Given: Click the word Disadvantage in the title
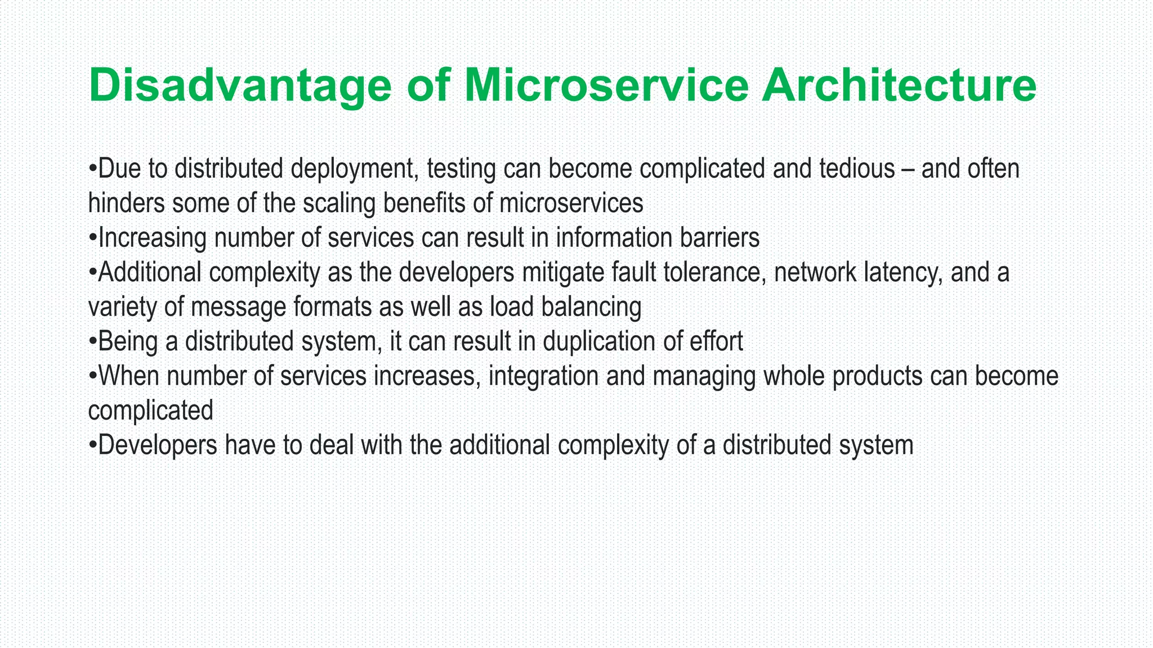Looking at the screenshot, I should [240, 86].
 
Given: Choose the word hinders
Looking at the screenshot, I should [127, 203].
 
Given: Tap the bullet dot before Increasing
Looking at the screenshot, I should [93, 239].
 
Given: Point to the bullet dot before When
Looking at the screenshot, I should [93, 377].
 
